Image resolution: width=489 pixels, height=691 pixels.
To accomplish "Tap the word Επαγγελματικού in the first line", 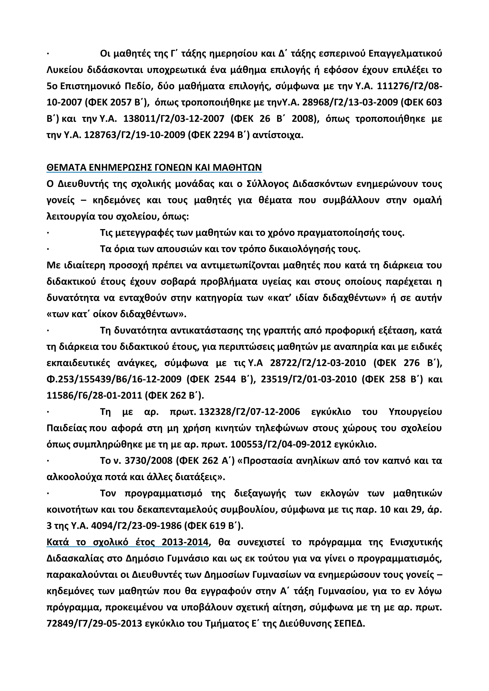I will coord(405,54).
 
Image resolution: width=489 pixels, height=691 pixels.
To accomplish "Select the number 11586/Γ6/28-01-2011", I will coord(94,395).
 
